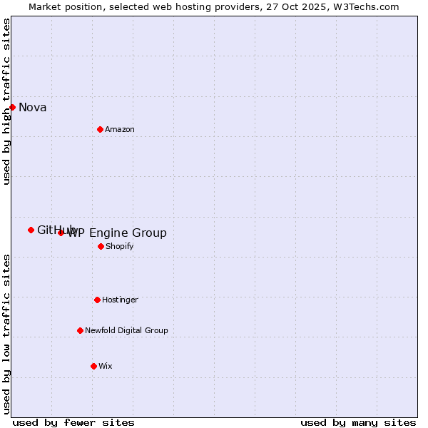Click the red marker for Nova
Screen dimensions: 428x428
(x=12, y=107)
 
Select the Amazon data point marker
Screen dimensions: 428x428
(x=100, y=129)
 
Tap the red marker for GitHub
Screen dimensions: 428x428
(x=31, y=230)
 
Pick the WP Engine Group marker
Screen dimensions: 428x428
(x=61, y=233)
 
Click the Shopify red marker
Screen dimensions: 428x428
(x=101, y=246)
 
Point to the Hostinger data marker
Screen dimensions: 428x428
(x=97, y=300)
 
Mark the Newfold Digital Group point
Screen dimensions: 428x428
(x=80, y=330)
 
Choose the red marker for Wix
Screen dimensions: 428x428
(x=93, y=366)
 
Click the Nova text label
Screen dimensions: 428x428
(x=33, y=108)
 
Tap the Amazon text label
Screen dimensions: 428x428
(x=120, y=129)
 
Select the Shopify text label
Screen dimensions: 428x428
(x=119, y=246)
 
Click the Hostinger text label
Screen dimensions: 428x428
(x=120, y=300)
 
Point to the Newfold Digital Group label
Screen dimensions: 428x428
(x=126, y=330)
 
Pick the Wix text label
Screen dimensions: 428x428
(x=106, y=366)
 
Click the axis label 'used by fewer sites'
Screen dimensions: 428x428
(x=73, y=422)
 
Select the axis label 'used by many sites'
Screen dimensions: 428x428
(x=358, y=422)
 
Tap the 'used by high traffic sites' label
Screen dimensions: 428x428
(x=6, y=101)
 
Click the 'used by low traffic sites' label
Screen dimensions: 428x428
(x=6, y=334)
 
